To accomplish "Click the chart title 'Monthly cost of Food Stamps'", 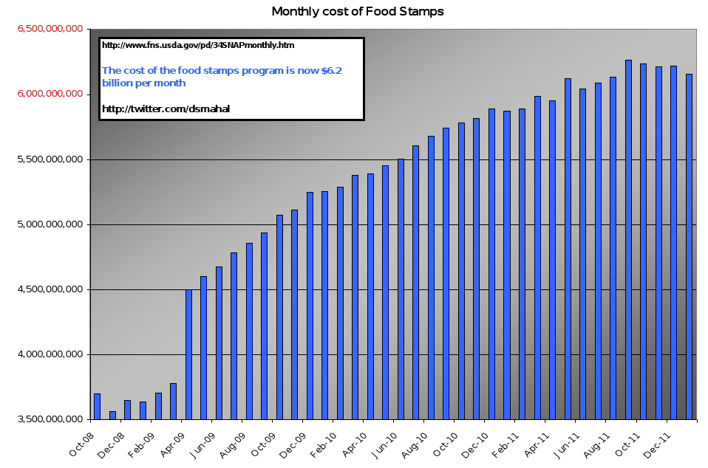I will (x=358, y=11).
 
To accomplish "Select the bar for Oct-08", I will (x=97, y=406).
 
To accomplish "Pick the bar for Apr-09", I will (x=188, y=354).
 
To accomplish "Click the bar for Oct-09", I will (x=279, y=317).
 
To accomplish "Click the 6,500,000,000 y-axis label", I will (x=50, y=29).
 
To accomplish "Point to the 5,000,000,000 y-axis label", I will (x=50, y=224).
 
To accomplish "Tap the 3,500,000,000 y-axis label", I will (x=50, y=419).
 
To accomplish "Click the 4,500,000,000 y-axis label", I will (x=50, y=289).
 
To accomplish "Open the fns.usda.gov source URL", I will (x=198, y=45).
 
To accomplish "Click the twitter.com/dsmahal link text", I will (x=166, y=109).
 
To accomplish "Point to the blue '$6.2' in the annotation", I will (x=331, y=70).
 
